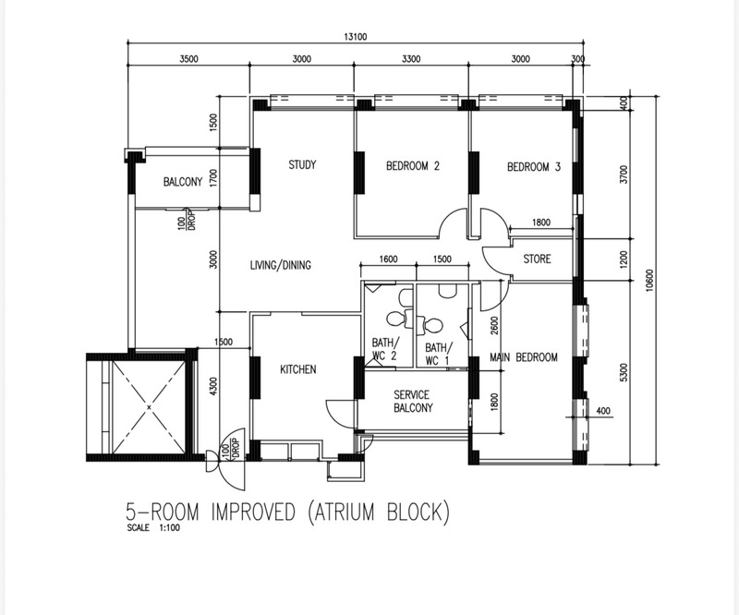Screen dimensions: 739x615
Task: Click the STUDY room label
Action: [302, 164]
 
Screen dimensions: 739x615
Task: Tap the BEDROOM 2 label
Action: [412, 166]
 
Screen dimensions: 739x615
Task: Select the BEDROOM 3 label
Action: [534, 167]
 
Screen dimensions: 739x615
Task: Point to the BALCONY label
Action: [183, 181]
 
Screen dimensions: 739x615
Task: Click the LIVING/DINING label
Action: [281, 265]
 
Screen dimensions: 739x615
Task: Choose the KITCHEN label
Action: [297, 369]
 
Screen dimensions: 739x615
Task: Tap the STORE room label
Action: [537, 259]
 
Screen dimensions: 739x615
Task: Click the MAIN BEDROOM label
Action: [524, 357]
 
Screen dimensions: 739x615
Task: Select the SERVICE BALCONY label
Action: [412, 401]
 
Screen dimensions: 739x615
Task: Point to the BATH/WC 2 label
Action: [384, 349]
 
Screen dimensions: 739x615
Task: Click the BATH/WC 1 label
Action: [438, 355]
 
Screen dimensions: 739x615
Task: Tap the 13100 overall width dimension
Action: [355, 37]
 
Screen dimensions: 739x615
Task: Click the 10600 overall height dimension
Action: [650, 281]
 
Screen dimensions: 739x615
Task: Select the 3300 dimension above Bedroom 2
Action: [411, 59]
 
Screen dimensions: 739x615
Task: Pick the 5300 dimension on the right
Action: [624, 372]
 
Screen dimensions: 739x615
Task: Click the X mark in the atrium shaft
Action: [149, 406]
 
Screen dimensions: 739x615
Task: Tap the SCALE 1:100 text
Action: [153, 528]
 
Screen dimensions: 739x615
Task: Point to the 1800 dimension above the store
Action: [541, 223]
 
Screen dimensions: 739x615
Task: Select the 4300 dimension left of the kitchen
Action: [213, 386]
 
